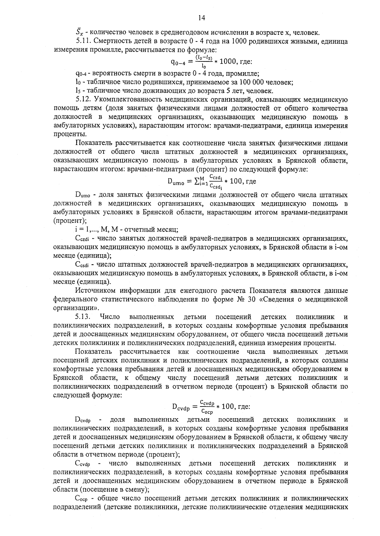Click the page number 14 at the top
click(202, 18)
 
